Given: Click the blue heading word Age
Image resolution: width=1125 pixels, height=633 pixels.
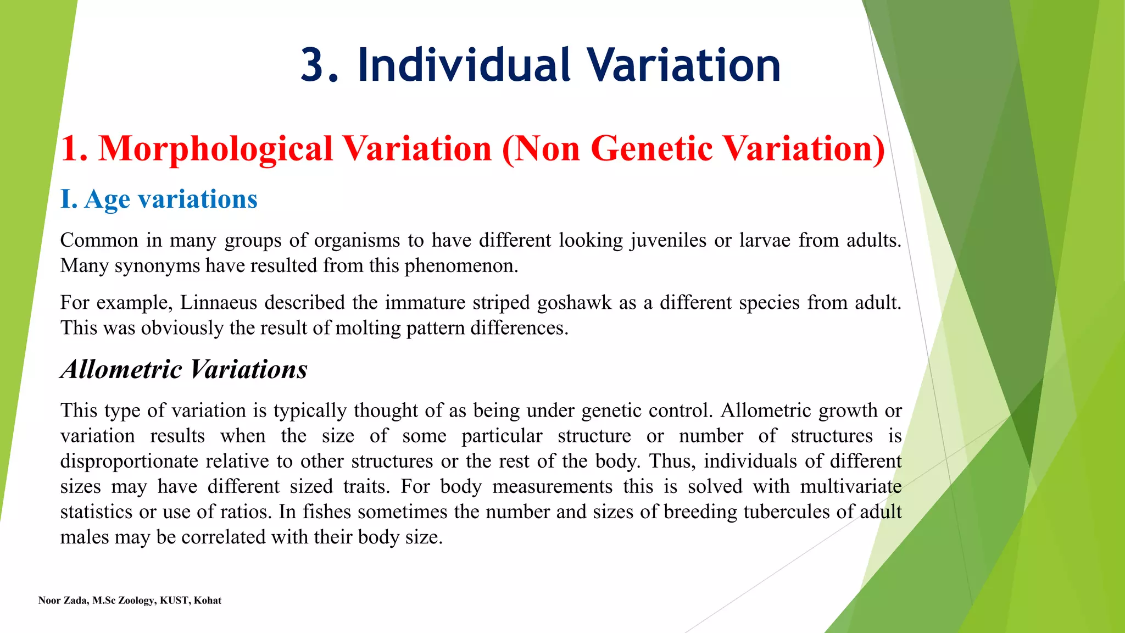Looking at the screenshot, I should click(x=107, y=199).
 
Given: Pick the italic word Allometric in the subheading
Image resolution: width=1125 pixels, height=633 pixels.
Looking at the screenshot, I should click(x=121, y=369).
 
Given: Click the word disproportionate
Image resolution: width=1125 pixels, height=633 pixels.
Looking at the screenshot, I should click(x=129, y=461).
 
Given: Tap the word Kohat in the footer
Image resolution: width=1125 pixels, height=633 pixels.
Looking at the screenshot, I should click(x=208, y=601).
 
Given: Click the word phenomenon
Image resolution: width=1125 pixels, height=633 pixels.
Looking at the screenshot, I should click(x=461, y=266).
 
